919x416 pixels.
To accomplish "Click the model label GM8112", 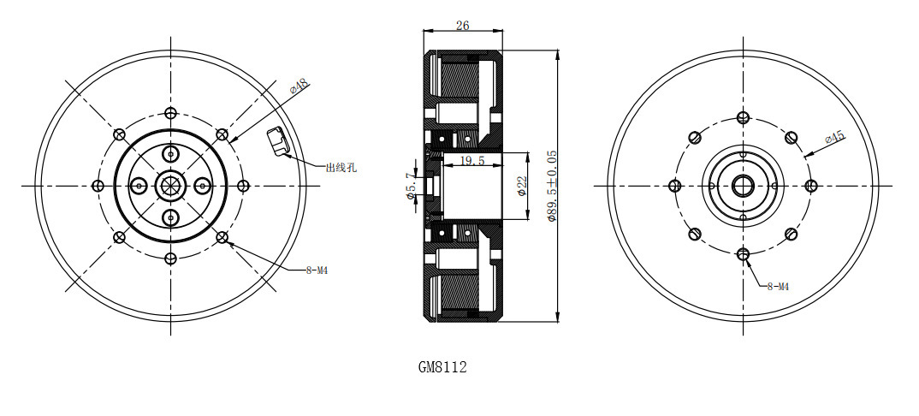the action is click(442, 367).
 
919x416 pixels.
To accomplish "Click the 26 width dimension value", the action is click(462, 25).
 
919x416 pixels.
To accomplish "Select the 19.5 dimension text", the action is click(471, 161).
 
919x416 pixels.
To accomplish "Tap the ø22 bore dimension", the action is click(522, 185).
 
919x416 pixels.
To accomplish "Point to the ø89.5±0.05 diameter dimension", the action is click(551, 186).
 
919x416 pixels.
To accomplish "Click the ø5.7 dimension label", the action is click(411, 186).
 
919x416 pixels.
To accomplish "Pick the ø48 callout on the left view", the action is click(299, 86).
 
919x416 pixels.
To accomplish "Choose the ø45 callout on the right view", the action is click(834, 139).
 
